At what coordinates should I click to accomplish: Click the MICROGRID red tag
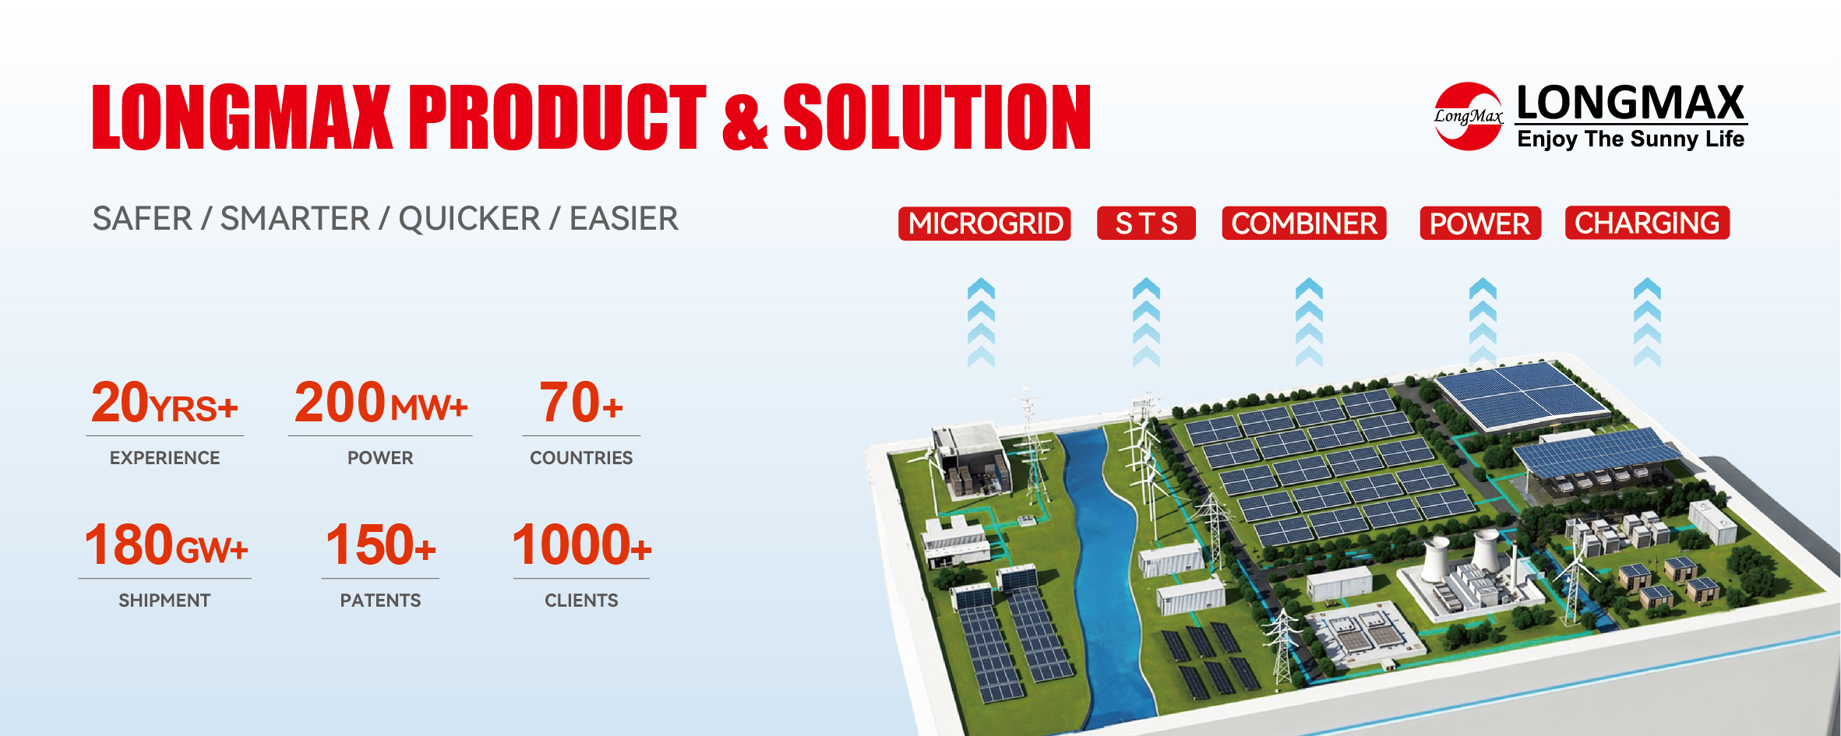click(x=985, y=224)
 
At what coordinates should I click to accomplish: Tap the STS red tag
click(x=1146, y=224)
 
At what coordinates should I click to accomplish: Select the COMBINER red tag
click(x=1304, y=224)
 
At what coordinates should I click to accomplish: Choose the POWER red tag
click(x=1480, y=224)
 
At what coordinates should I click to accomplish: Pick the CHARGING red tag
click(x=1647, y=223)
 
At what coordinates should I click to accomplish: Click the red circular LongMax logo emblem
click(x=1469, y=116)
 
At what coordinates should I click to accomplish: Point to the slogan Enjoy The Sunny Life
click(x=1631, y=139)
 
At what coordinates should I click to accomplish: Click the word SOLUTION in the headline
click(x=936, y=117)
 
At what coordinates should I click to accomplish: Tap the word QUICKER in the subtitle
click(x=469, y=219)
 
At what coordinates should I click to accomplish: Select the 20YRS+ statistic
click(x=164, y=403)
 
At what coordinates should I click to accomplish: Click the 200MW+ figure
click(x=380, y=403)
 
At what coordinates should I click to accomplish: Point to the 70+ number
click(x=581, y=403)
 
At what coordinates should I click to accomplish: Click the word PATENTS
click(x=380, y=600)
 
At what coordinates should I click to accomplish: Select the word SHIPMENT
click(x=164, y=600)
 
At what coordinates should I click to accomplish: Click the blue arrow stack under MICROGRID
click(x=981, y=322)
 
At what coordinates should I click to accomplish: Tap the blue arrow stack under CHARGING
click(x=1647, y=322)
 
